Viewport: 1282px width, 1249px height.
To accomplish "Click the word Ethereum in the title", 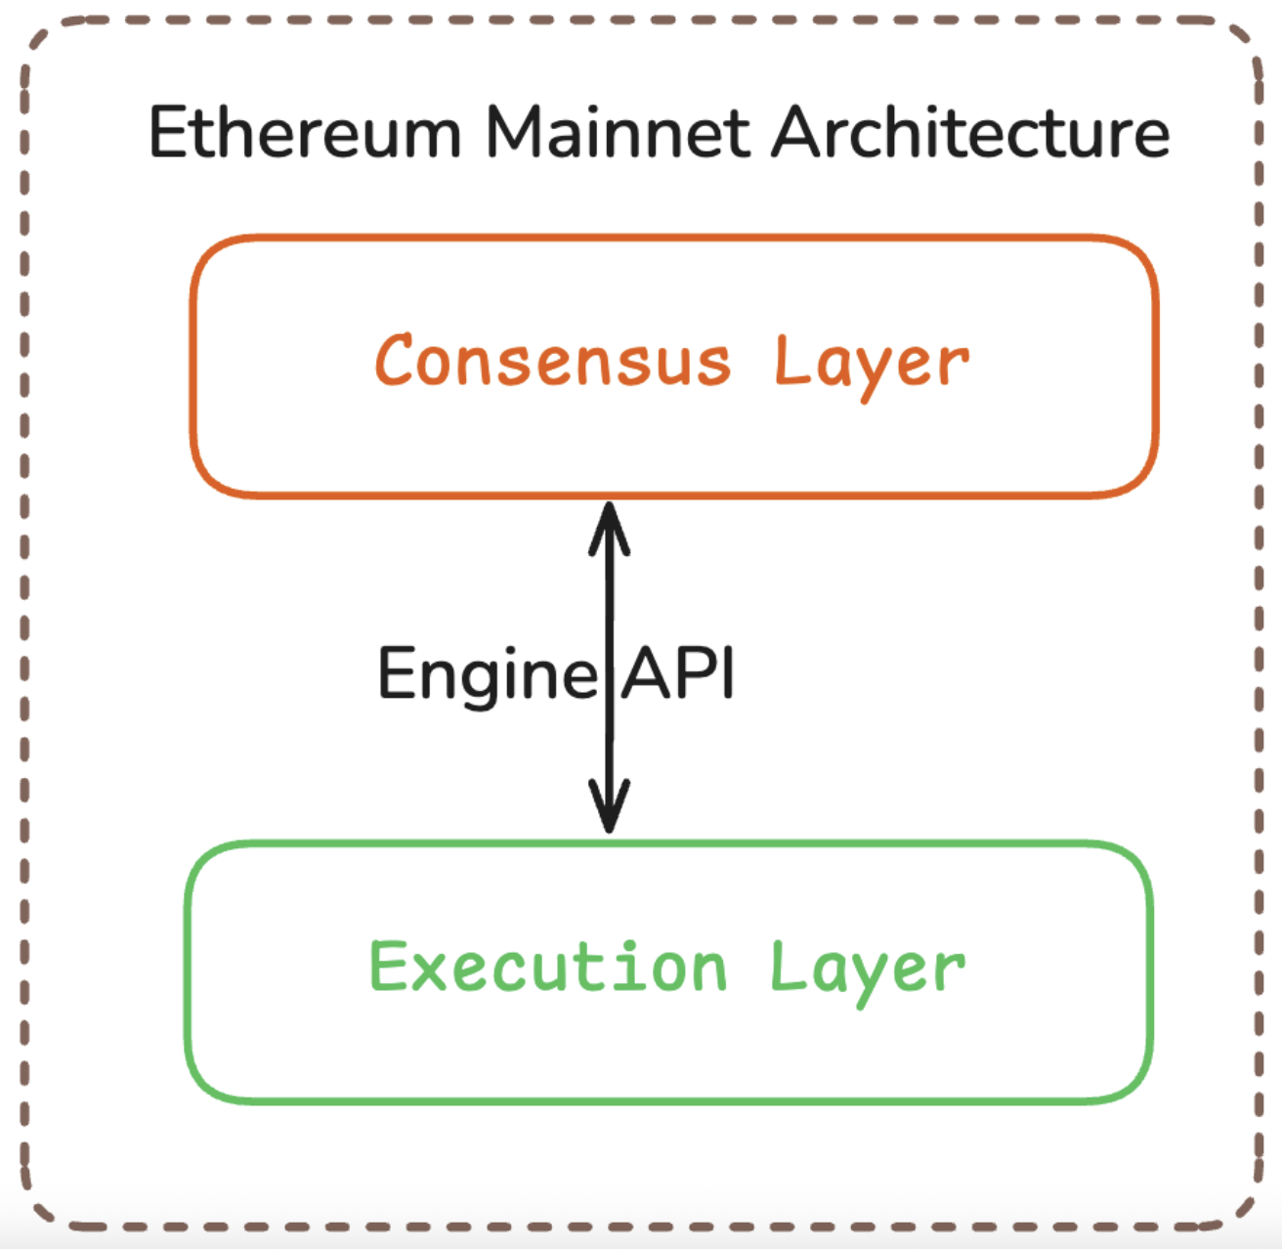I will tap(304, 133).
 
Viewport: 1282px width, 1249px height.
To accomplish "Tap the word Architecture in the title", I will tap(970, 133).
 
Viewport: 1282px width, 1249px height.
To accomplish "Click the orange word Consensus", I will tap(553, 361).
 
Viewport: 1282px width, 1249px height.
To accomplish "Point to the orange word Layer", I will tap(871, 364).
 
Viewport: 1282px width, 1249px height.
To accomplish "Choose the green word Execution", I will tap(548, 968).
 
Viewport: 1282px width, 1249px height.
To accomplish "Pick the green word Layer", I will tap(867, 969).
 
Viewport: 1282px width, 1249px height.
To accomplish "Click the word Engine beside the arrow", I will tap(487, 674).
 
